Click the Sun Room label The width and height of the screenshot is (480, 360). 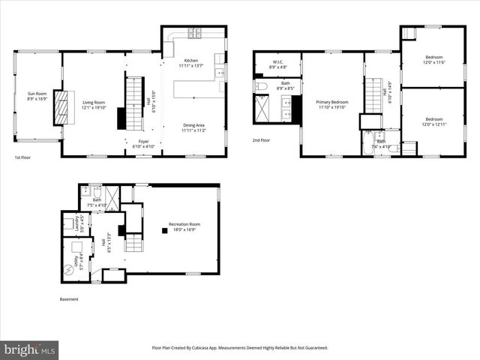click(37, 95)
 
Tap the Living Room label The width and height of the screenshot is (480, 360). click(94, 104)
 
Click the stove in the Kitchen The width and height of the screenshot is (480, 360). click(193, 33)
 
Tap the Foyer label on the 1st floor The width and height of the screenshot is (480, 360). click(142, 143)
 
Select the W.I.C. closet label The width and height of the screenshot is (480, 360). click(277, 64)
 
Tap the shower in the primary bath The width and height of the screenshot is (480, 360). click(262, 109)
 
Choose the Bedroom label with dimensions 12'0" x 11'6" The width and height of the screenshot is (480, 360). click(433, 59)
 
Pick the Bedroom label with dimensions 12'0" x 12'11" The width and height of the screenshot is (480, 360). click(433, 121)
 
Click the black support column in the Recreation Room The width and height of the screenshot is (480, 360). click(164, 229)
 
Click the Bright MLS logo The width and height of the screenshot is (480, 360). click(30, 349)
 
